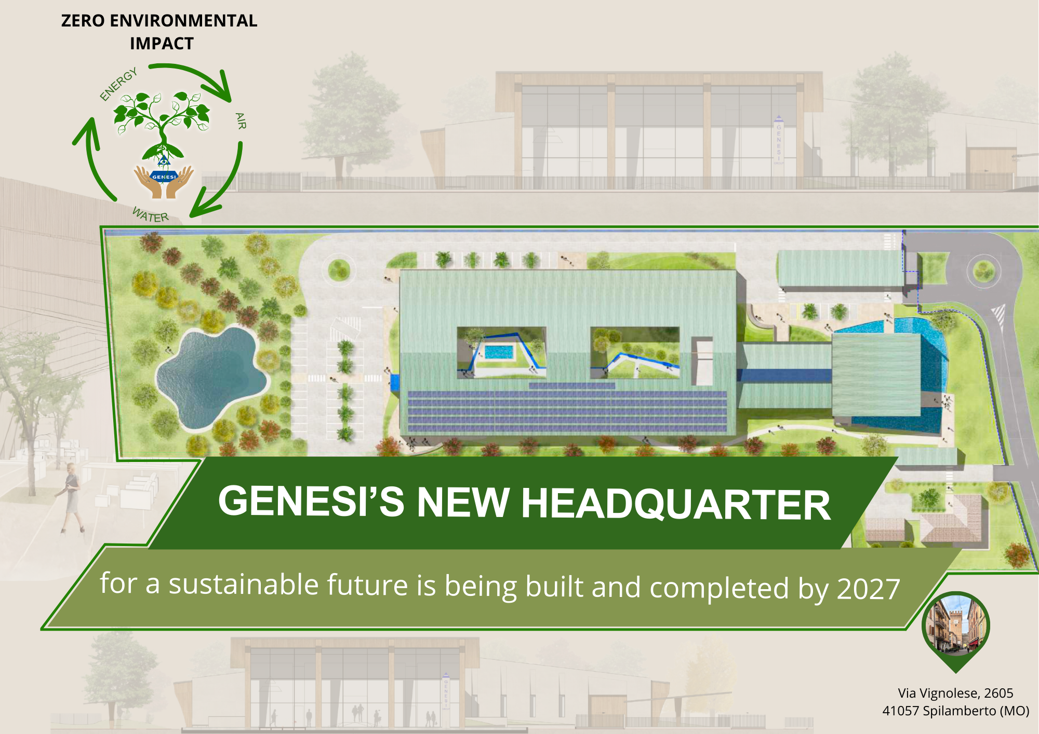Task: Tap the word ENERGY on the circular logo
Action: click(x=119, y=84)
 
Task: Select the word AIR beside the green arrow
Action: click(x=241, y=121)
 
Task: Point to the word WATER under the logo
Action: click(x=150, y=214)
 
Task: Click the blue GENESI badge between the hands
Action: click(x=164, y=176)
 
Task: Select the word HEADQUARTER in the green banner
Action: click(x=675, y=504)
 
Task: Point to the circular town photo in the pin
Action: click(x=956, y=626)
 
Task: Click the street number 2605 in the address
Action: click(x=998, y=693)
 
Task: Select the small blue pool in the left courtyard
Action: click(x=499, y=352)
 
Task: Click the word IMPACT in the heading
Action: click(x=162, y=44)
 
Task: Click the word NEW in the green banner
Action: click(x=463, y=502)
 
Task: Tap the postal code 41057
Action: click(x=901, y=711)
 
